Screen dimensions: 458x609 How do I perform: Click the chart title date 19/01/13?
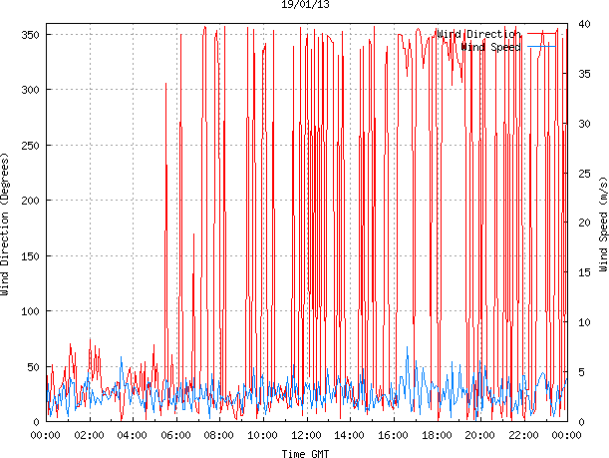pyautogui.click(x=304, y=5)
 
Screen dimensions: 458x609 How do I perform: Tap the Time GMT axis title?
pyautogui.click(x=305, y=453)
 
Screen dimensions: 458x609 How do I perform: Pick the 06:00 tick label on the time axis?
pyautogui.click(x=175, y=435)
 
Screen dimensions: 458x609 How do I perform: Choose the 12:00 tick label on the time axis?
pyautogui.click(x=306, y=435)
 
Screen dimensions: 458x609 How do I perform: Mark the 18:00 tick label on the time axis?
pyautogui.click(x=437, y=435)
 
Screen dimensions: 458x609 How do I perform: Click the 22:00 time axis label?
pyautogui.click(x=523, y=435)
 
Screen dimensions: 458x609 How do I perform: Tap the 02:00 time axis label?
pyautogui.click(x=89, y=435)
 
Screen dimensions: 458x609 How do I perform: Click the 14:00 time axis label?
pyautogui.click(x=350, y=435)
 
